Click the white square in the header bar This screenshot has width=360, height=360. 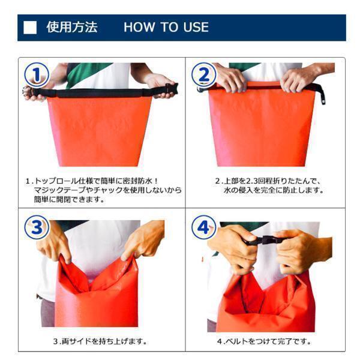coord(30,28)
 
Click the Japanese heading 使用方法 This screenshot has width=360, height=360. coord(72,27)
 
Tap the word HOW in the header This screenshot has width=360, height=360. coord(139,27)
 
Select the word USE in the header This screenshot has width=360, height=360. coord(196,27)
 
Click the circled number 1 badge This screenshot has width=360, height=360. coord(37,75)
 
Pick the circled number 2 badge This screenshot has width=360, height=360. coord(204,75)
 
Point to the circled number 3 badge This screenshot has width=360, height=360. coord(37,227)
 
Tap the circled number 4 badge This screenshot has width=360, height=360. coord(204,227)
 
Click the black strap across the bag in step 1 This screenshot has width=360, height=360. coord(101,93)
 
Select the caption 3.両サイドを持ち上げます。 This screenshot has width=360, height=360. coord(100,341)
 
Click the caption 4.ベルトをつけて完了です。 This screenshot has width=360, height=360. coord(264,341)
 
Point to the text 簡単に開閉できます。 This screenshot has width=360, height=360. coord(70,199)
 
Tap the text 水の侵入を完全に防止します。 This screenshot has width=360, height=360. coord(274,190)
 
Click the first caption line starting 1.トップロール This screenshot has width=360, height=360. coord(92,181)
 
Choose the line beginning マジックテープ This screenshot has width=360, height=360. coord(108,190)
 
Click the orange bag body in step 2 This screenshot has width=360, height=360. coord(261,128)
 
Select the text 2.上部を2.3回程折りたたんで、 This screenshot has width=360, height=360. coord(268,181)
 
